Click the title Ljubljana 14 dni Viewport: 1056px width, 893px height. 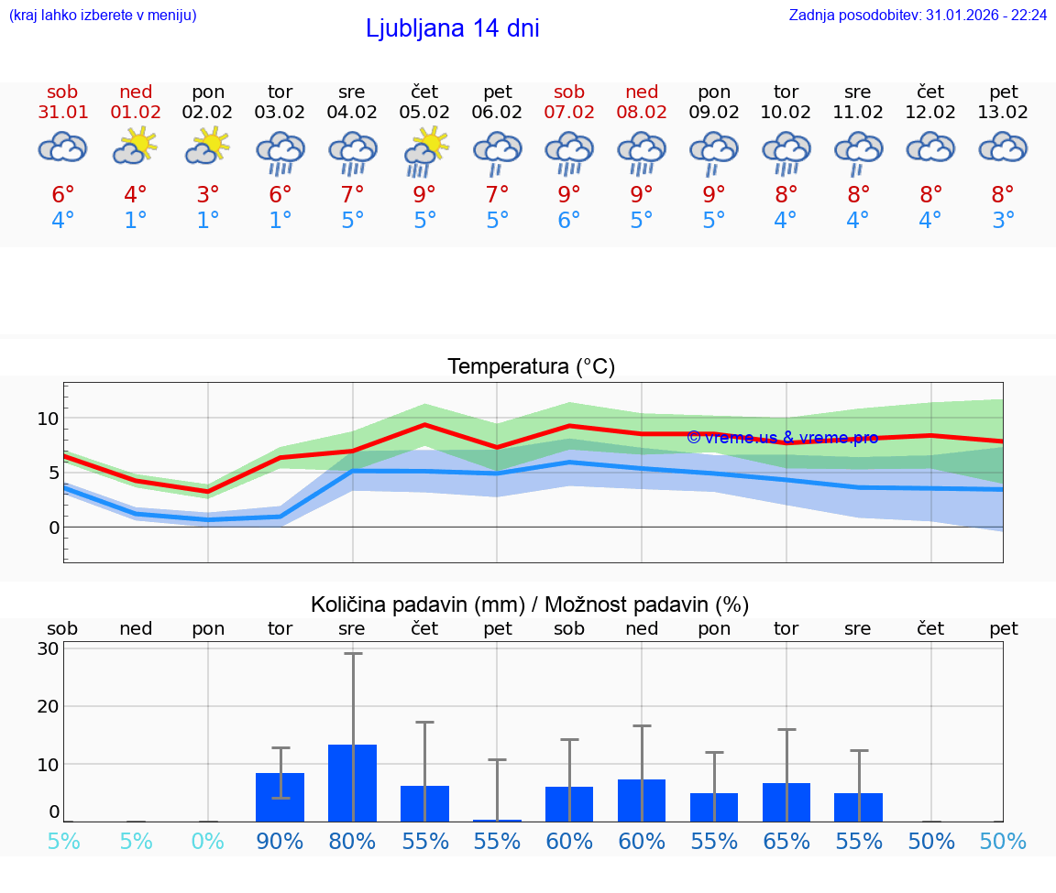[x=452, y=28]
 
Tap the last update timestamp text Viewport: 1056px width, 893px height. [x=918, y=15]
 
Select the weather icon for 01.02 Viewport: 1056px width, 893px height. [x=136, y=147]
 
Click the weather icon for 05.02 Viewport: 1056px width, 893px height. [x=424, y=150]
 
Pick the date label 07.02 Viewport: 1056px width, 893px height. [x=569, y=113]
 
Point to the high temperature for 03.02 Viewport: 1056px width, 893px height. [x=280, y=195]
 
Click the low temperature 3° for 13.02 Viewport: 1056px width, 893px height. [x=1003, y=221]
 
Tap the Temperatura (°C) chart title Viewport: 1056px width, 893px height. [x=531, y=367]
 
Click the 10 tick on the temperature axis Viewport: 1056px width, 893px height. [x=48, y=419]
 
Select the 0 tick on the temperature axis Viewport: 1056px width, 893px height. [x=53, y=528]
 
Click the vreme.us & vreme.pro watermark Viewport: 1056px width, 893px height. [x=782, y=438]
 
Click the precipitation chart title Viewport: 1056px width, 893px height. [x=530, y=604]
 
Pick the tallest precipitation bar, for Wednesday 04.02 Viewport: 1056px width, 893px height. [x=353, y=783]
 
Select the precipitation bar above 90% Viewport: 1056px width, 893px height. [x=280, y=797]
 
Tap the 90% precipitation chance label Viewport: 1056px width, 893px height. [x=280, y=841]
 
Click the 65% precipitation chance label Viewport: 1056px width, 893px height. [x=786, y=841]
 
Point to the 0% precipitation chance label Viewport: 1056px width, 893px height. [x=208, y=841]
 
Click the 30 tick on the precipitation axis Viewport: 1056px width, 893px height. [x=48, y=648]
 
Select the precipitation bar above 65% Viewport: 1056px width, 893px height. [x=786, y=802]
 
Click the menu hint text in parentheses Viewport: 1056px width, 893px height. [x=103, y=15]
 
